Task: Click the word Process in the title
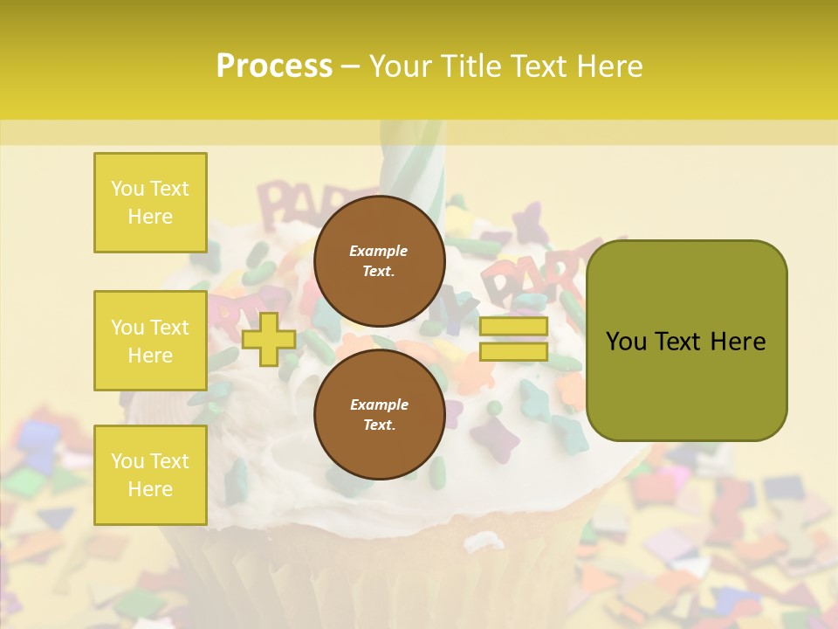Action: click(x=274, y=66)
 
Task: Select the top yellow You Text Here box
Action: click(x=150, y=203)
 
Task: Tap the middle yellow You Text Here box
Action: click(x=150, y=341)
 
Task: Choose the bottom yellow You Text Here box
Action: click(x=150, y=475)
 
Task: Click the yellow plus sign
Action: click(x=269, y=339)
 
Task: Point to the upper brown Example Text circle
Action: click(x=379, y=261)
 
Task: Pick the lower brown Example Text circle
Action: click(x=379, y=415)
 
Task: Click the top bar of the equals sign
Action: click(x=513, y=327)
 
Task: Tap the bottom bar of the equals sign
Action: click(x=513, y=351)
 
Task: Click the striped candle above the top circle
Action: click(x=412, y=166)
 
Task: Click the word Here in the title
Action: click(x=608, y=66)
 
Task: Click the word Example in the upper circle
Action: click(x=379, y=251)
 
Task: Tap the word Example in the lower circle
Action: click(x=379, y=404)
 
